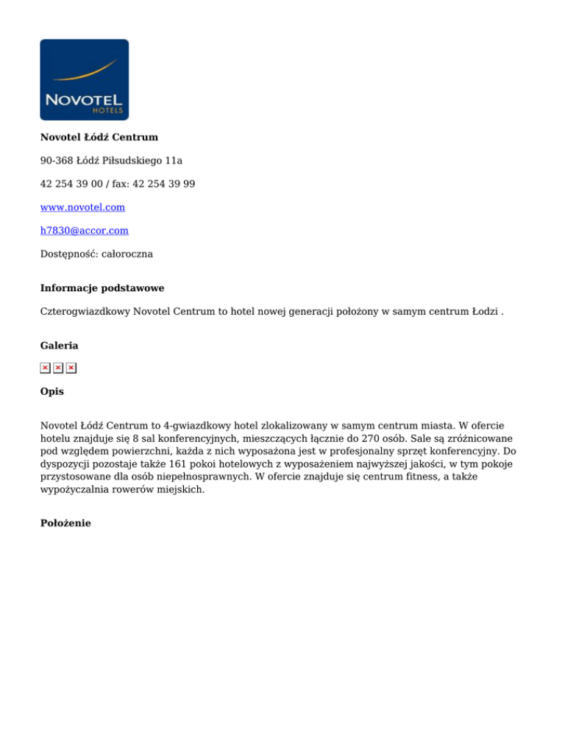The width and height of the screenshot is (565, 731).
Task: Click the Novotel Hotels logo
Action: (84, 79)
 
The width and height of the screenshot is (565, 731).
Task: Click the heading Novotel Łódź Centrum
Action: (99, 137)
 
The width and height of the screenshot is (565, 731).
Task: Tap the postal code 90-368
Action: (57, 160)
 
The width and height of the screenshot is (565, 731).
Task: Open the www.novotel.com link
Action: (82, 207)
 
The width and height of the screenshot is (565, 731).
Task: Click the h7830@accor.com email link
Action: (84, 230)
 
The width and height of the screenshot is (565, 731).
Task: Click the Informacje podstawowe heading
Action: (102, 288)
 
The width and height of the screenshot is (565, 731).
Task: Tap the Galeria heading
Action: (59, 345)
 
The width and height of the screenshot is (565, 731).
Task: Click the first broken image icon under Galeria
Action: (45, 368)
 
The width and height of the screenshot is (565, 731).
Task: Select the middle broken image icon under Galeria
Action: (58, 368)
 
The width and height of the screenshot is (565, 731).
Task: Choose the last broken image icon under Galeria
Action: (71, 368)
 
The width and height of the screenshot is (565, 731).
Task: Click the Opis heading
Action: (51, 391)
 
